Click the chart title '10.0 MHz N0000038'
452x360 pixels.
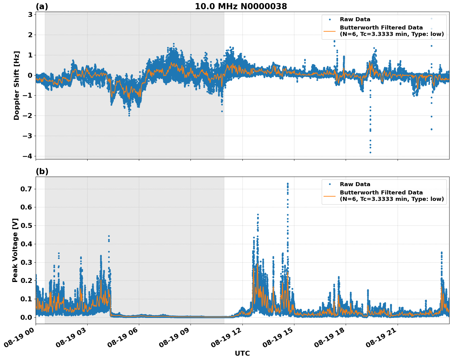(x=241, y=6)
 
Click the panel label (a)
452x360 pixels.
(x=42, y=6)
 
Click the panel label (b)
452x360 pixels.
(x=42, y=171)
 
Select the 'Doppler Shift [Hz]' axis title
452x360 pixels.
(x=17, y=85)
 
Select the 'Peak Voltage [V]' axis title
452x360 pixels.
(x=15, y=250)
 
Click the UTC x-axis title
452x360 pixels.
(x=242, y=353)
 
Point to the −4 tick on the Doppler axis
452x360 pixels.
(x=27, y=156)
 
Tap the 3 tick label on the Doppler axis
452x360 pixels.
(x=30, y=14)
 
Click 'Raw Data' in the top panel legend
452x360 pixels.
(x=355, y=19)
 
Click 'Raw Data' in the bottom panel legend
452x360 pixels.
(x=355, y=184)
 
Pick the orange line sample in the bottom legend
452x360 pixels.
(x=330, y=196)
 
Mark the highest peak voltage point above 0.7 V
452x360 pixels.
(x=288, y=184)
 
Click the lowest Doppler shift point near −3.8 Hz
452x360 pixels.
(x=370, y=152)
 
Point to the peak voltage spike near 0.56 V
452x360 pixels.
(x=258, y=214)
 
